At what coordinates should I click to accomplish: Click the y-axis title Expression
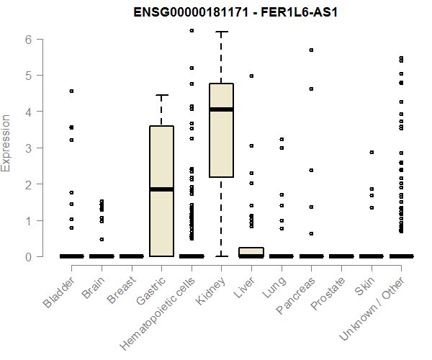click(x=6, y=143)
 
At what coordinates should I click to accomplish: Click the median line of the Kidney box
click(x=221, y=109)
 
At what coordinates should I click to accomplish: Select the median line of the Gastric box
click(x=161, y=189)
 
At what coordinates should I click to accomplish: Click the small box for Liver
click(x=251, y=251)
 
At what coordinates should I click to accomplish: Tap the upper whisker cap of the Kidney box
click(x=221, y=32)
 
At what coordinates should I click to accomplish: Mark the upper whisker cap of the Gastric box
click(x=161, y=95)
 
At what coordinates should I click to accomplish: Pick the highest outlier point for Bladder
click(x=71, y=91)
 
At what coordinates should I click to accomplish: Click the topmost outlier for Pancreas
click(x=311, y=50)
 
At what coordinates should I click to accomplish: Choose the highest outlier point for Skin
click(x=372, y=152)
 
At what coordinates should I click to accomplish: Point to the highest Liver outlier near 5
click(x=251, y=76)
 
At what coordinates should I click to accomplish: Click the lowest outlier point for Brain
click(x=102, y=239)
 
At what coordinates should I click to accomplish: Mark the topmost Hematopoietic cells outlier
click(x=192, y=30)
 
